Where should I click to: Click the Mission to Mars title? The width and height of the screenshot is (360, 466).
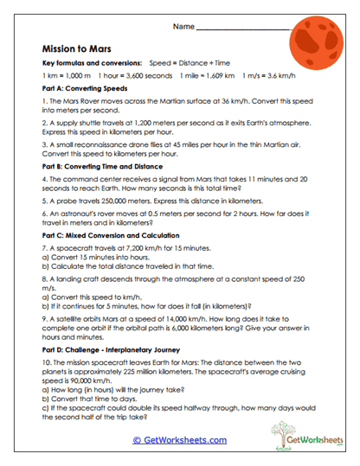tap(79, 50)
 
